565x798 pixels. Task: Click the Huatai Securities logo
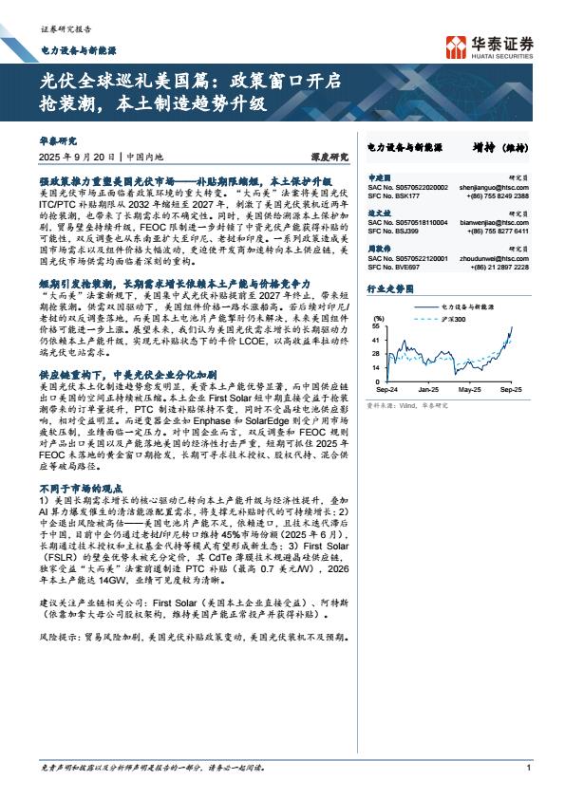coord(488,46)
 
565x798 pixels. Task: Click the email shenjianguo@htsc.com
coord(498,188)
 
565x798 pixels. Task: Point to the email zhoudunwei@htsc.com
coord(498,259)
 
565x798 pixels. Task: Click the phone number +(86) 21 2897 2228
coord(499,268)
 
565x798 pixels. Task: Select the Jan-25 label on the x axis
coord(429,390)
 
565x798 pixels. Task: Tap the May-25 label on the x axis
coord(470,390)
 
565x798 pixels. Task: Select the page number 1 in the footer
coord(527,782)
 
